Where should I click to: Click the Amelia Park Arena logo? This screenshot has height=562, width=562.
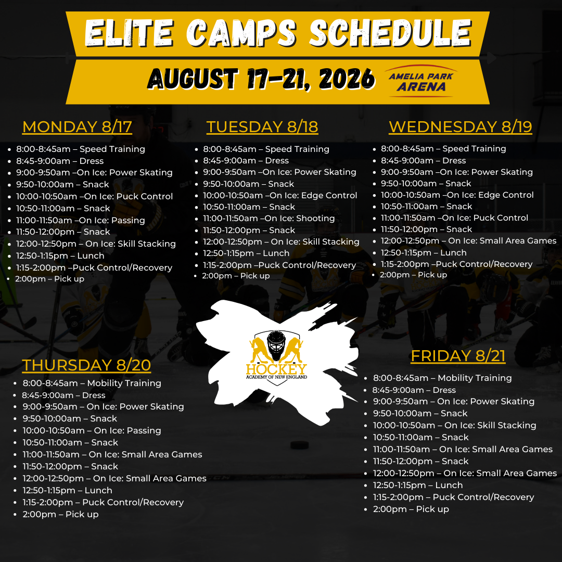click(x=421, y=81)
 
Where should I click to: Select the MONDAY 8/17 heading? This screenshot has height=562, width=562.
click(x=77, y=127)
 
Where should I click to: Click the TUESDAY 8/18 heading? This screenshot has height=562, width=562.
click(x=262, y=127)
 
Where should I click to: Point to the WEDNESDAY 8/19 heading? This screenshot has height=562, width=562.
click(x=460, y=127)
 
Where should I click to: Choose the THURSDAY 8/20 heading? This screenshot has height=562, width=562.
click(x=86, y=365)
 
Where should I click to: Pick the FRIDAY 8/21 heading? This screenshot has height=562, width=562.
click(x=458, y=356)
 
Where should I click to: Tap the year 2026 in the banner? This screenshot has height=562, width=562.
click(x=347, y=79)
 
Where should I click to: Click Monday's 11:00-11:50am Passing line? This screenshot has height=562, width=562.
click(x=80, y=220)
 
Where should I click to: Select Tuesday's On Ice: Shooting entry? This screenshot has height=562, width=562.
click(x=269, y=218)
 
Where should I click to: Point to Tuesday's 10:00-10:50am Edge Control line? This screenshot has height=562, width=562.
click(x=280, y=195)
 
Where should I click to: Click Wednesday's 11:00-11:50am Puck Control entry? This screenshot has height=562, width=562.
click(x=454, y=218)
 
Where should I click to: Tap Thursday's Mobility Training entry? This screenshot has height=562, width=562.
click(x=92, y=383)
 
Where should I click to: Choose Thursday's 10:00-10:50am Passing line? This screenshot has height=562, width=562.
click(x=92, y=430)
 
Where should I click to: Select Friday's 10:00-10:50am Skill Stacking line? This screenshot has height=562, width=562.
click(x=454, y=426)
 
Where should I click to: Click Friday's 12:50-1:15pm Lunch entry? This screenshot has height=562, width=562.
click(x=417, y=486)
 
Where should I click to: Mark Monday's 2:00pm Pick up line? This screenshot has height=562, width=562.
click(x=49, y=279)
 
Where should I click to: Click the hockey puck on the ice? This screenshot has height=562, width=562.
click(x=300, y=445)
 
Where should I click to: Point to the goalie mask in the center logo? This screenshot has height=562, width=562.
click(x=276, y=345)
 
